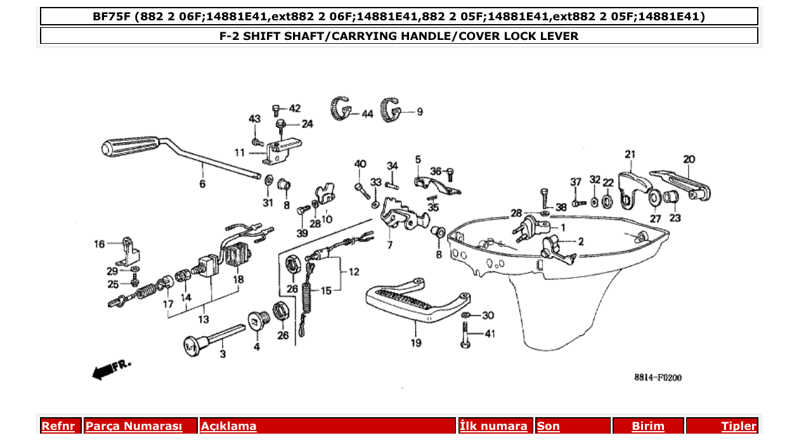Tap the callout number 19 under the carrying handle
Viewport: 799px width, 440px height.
coord(415,343)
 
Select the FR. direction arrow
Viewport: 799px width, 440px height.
coord(111,370)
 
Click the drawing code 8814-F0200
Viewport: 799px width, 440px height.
coord(658,378)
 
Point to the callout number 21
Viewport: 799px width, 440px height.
coord(630,154)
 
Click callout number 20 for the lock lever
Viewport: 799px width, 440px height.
coord(689,159)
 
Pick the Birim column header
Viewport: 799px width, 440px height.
coord(648,426)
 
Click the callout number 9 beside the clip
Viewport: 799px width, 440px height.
coord(420,112)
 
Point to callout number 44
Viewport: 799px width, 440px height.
coord(367,114)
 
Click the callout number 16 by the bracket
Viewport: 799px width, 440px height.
coord(100,244)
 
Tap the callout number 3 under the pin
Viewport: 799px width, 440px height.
coord(222,354)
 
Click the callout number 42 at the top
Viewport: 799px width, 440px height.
coord(295,108)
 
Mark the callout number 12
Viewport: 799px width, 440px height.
coord(353,272)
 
